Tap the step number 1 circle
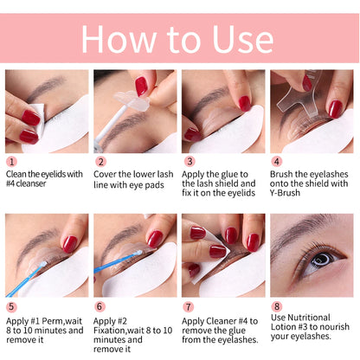click(x=11, y=161)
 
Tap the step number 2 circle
click(x=100, y=161)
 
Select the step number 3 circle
click(x=189, y=161)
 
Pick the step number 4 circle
click(x=277, y=161)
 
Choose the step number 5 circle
click(x=11, y=305)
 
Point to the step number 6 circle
click(x=100, y=305)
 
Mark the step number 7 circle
click(x=189, y=305)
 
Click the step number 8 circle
click(x=277, y=305)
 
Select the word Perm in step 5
click(x=57, y=307)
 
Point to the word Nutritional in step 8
click(x=327, y=307)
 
